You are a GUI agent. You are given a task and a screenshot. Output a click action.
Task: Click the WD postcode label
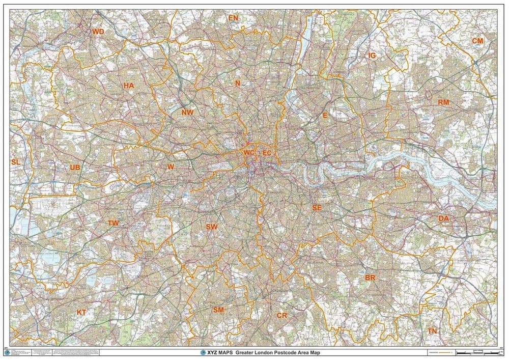(x=98, y=32)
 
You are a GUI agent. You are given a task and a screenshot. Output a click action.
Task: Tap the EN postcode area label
(x=233, y=18)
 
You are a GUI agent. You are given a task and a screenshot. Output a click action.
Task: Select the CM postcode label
(x=477, y=41)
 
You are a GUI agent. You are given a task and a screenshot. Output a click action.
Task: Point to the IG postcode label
(x=372, y=56)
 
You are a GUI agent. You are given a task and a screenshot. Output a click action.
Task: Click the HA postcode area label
(x=129, y=86)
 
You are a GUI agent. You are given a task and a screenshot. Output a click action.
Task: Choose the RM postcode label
(x=443, y=102)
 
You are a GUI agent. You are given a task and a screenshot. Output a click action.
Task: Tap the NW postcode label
(x=187, y=113)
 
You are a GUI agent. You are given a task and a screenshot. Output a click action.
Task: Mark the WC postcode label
(x=249, y=153)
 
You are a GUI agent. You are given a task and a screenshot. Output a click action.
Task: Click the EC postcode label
(x=267, y=153)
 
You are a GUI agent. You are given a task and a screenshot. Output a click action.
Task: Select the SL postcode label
(x=16, y=162)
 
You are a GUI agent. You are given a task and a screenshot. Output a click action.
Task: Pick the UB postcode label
(x=75, y=168)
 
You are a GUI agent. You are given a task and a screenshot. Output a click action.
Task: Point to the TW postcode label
(x=113, y=223)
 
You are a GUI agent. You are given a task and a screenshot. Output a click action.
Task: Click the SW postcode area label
(x=212, y=227)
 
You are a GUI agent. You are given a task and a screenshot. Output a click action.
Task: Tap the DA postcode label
(x=443, y=218)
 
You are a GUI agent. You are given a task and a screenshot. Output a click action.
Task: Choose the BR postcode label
(x=370, y=278)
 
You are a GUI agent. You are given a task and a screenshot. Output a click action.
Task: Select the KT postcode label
(x=81, y=312)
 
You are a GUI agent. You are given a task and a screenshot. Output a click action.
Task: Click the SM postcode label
(x=218, y=310)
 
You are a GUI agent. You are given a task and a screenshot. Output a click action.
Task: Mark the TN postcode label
(x=432, y=331)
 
